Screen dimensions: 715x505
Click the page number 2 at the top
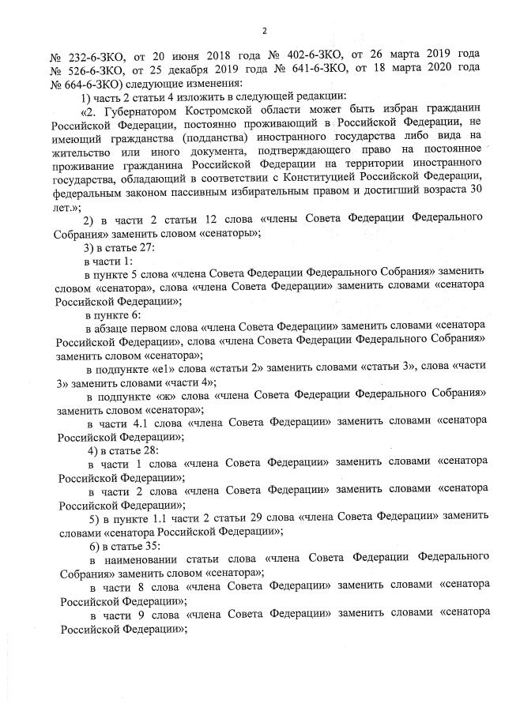click(265, 30)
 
